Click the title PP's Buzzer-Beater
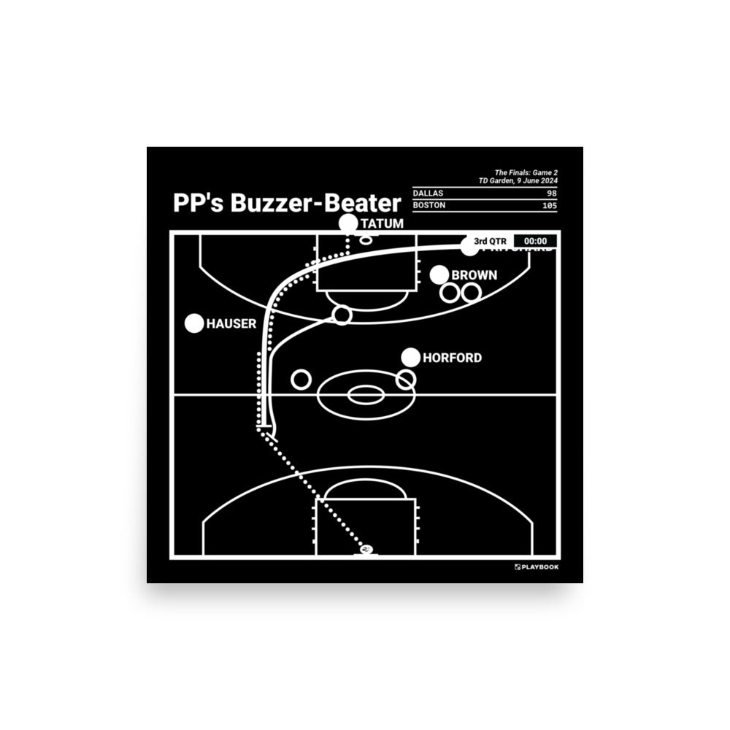287,203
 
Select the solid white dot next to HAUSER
194,323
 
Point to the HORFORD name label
453,358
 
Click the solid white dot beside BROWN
439,275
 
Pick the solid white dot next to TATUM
349,224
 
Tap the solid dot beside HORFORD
411,357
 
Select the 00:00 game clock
536,242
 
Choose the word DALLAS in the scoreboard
428,193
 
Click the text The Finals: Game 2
526,173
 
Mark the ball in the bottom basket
366,549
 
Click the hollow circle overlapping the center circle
406,380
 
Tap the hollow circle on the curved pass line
342,315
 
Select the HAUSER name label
231,323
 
